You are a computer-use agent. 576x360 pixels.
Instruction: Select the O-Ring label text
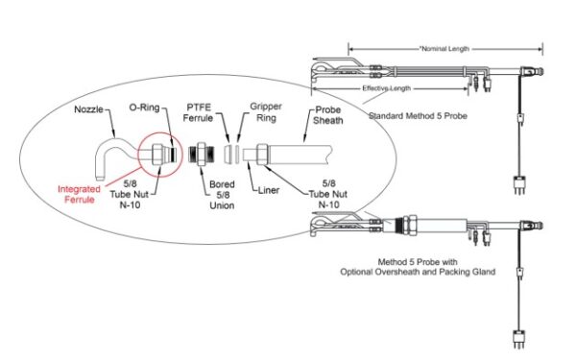143,111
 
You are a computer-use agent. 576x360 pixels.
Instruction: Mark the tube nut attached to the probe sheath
263,153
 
